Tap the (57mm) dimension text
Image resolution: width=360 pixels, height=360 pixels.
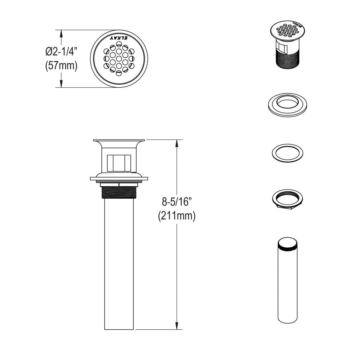tap(61, 65)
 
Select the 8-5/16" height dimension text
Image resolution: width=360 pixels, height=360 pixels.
tap(177, 202)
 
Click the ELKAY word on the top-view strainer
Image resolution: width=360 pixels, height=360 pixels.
tap(119, 38)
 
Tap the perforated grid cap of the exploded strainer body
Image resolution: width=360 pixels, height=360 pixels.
tap(288, 30)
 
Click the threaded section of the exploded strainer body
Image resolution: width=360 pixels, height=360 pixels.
tap(287, 60)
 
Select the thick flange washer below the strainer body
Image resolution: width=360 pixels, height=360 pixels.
tap(288, 105)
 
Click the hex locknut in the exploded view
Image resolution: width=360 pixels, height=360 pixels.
tap(288, 198)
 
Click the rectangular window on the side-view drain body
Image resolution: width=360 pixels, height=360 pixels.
tap(119, 162)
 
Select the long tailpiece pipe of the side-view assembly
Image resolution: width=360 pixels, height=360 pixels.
tap(119, 264)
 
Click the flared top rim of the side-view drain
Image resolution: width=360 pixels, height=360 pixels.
tap(119, 141)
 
